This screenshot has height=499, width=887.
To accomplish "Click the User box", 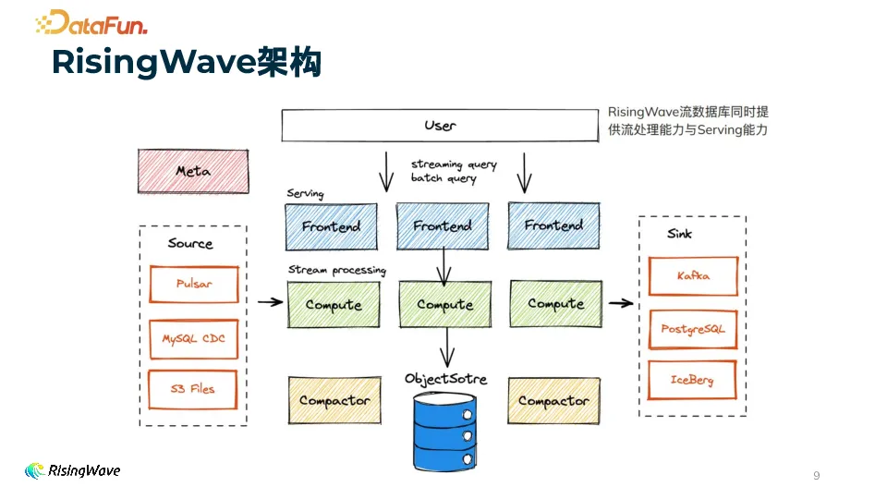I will (440, 126).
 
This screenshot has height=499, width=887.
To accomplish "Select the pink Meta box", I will (193, 171).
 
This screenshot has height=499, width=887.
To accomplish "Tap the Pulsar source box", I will (194, 285).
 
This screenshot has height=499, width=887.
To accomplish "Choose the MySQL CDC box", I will (194, 339).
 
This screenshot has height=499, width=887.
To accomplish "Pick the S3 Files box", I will (194, 389).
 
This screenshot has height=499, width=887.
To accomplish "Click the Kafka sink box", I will (693, 276).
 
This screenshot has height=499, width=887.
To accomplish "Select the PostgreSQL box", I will (693, 329).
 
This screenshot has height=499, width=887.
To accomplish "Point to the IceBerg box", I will (692, 380).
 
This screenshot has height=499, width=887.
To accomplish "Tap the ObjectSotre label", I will (445, 379).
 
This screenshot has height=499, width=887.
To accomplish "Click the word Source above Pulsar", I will (190, 244).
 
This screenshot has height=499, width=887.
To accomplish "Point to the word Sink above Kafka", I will (679, 234).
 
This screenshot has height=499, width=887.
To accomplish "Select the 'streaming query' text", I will (454, 164).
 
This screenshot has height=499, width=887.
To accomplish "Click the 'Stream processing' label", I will (336, 270).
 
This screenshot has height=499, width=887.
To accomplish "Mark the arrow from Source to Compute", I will (270, 301).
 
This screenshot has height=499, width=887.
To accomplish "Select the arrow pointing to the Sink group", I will (622, 302).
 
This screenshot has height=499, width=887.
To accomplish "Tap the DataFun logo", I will (91, 23).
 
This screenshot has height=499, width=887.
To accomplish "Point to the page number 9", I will (816, 476).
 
